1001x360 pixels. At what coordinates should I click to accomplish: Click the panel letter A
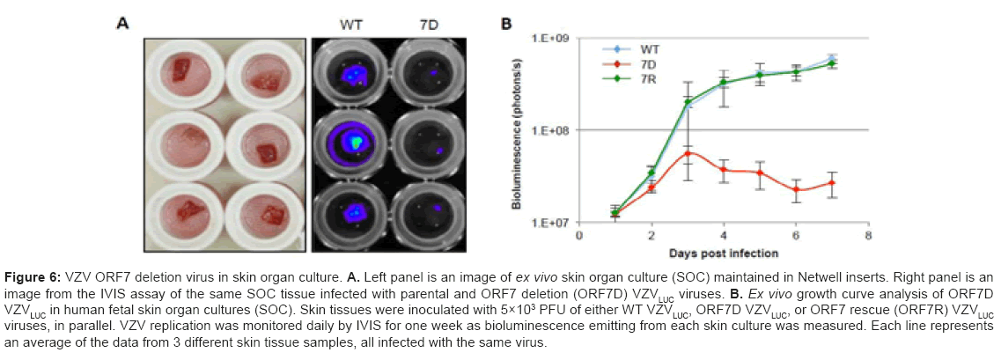click(x=124, y=24)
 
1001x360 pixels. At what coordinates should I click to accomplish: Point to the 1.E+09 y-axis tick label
click(x=552, y=38)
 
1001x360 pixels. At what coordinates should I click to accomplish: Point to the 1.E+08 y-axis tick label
click(x=552, y=130)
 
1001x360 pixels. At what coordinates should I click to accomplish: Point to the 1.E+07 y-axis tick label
click(x=552, y=223)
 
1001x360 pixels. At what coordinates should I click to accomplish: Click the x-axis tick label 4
click(x=724, y=236)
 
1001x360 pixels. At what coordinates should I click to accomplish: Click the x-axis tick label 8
click(x=868, y=236)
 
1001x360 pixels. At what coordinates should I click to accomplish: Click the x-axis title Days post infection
click(x=723, y=253)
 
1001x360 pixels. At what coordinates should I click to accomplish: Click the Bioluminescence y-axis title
click(x=519, y=130)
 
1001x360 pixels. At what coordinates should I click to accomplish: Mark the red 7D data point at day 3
click(x=687, y=153)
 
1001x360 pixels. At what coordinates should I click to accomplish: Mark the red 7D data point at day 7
click(x=832, y=183)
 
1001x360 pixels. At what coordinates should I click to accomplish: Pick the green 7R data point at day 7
click(x=832, y=63)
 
